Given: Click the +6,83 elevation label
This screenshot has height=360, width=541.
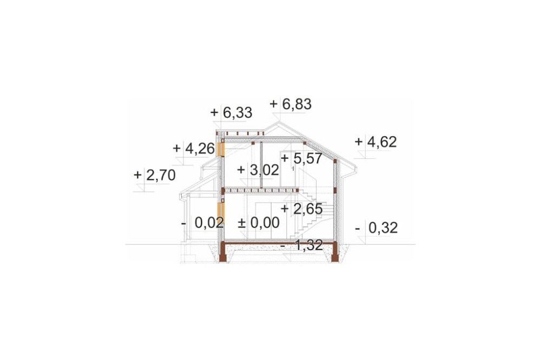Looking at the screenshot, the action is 291,104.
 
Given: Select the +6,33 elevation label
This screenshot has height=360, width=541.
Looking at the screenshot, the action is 231,112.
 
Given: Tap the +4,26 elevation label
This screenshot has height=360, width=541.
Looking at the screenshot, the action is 194,148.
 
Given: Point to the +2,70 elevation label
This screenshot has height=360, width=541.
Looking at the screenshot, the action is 155,175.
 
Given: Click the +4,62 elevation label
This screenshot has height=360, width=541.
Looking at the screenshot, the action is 376,142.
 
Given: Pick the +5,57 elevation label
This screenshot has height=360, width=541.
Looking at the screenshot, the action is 301,158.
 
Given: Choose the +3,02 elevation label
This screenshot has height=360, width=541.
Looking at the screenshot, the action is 258,170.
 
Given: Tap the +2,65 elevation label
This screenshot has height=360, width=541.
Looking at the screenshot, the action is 302,209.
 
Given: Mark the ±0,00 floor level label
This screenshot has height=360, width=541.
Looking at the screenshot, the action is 259,223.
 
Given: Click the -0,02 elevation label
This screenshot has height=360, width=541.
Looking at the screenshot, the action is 203,223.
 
